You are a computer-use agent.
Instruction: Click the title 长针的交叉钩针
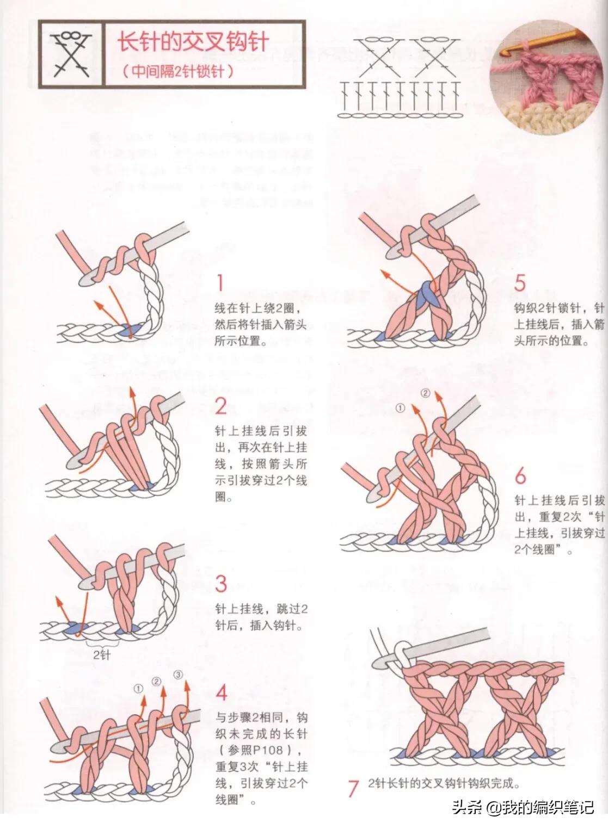(x=194, y=42)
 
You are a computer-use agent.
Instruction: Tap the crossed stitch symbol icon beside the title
(x=70, y=53)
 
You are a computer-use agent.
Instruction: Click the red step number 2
(x=220, y=406)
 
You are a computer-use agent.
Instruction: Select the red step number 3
(x=220, y=584)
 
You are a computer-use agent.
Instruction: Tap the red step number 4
(x=222, y=693)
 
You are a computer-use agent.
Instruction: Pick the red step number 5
(x=520, y=283)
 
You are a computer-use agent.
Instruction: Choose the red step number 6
(x=520, y=477)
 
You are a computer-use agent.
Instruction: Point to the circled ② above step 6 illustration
(x=426, y=393)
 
